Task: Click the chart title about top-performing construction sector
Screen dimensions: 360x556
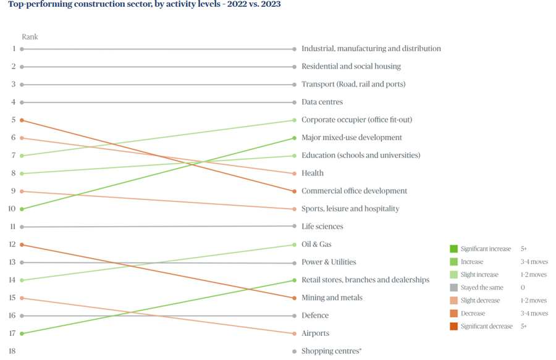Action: click(x=144, y=4)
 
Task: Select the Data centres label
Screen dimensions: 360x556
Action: click(x=322, y=102)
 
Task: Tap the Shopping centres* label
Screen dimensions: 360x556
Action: click(x=331, y=351)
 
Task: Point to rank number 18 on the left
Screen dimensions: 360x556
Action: click(x=12, y=351)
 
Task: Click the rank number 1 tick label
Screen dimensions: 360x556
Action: click(x=13, y=49)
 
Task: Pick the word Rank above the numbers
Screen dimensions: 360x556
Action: click(x=30, y=37)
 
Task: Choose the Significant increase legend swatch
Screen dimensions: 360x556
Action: click(x=453, y=249)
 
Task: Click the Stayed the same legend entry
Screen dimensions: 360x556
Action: click(x=482, y=288)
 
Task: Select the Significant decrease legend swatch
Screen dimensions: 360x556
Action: click(x=453, y=326)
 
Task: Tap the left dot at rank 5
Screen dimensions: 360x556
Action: click(x=22, y=120)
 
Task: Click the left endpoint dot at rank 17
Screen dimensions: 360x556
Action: click(x=22, y=333)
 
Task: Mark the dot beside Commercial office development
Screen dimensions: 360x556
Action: click(x=294, y=191)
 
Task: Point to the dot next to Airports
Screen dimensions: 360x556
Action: click(x=294, y=333)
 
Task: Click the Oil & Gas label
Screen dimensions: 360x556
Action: click(x=316, y=245)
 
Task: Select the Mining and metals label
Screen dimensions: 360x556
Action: click(x=332, y=298)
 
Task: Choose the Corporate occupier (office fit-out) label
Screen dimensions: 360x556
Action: click(x=356, y=120)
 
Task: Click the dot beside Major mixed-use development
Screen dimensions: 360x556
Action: click(x=294, y=138)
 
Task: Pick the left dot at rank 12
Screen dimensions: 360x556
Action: click(x=22, y=245)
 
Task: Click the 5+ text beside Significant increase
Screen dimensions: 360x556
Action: click(x=524, y=249)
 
